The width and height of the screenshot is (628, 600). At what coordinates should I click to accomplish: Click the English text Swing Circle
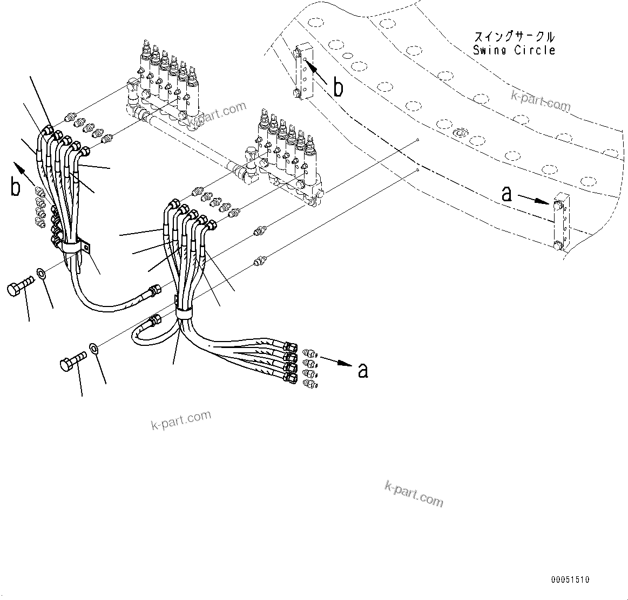[x=514, y=51]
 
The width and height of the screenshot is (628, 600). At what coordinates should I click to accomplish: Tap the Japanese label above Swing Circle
[x=514, y=37]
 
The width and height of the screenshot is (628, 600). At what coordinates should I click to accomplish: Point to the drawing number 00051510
[x=570, y=579]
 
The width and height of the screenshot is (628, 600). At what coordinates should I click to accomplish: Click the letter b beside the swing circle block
[x=338, y=87]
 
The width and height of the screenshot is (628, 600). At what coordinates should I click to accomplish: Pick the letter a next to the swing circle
[x=506, y=194]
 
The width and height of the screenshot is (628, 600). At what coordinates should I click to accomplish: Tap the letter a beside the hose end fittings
[x=363, y=370]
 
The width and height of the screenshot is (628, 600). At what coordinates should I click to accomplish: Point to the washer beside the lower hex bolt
[x=93, y=348]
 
